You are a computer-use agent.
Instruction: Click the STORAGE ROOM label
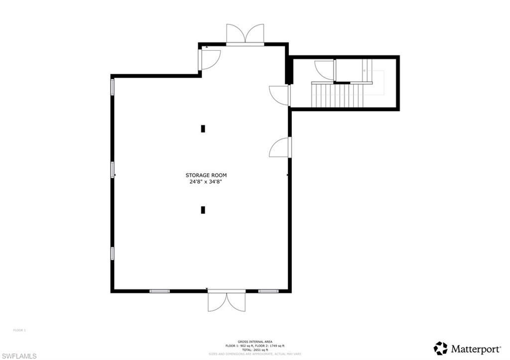point(206,175)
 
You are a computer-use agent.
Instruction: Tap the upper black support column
point(203,128)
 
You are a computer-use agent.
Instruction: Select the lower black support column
point(203,210)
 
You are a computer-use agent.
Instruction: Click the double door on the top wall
point(245,34)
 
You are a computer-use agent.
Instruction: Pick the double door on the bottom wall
point(227,302)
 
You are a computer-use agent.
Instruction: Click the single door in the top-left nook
point(209,59)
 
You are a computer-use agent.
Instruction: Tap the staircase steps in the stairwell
point(337,96)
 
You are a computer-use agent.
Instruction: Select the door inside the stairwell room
point(325,70)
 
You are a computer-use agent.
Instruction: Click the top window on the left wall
point(113,87)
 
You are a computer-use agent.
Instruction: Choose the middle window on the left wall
point(113,170)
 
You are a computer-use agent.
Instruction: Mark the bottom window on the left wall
point(113,253)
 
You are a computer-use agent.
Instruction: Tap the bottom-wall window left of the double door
point(159,291)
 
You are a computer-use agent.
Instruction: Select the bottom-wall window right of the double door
point(267,291)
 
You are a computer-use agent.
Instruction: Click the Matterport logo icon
point(440,348)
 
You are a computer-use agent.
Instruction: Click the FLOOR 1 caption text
point(19,330)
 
